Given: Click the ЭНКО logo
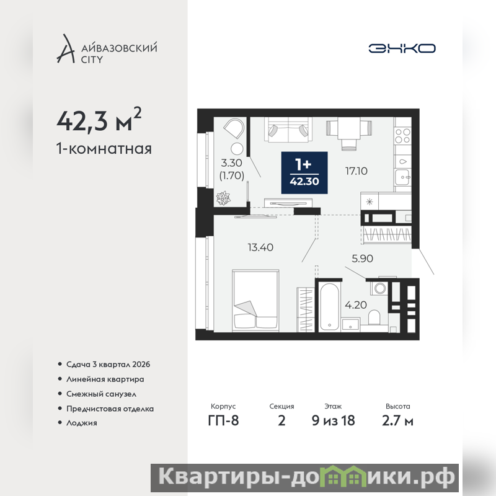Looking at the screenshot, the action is [402, 48].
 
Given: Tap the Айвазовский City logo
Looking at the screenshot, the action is [107, 49].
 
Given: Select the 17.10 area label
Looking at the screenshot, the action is [356, 171].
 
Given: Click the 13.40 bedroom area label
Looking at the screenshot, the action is [260, 247].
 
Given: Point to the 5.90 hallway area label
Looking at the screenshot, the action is [363, 259].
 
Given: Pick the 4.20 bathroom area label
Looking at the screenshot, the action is [356, 305].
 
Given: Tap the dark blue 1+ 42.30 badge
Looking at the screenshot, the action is [304, 173].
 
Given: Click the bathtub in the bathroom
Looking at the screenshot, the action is [329, 307].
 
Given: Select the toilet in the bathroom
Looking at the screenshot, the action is [374, 317].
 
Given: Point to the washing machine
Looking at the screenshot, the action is [379, 288].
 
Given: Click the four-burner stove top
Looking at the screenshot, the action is [402, 136].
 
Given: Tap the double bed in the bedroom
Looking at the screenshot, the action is [255, 301].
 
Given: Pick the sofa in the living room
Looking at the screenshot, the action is [288, 130].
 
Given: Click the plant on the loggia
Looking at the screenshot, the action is [223, 198].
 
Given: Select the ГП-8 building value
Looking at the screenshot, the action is [223, 420].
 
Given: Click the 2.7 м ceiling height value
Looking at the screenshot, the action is [397, 420].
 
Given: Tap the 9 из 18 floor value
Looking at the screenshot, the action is [333, 420].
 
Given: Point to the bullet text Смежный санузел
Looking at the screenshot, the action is [101, 394].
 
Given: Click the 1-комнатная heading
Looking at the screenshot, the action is [104, 148].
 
